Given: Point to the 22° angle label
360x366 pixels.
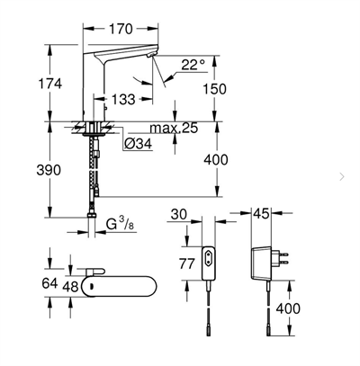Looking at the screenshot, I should (192, 66).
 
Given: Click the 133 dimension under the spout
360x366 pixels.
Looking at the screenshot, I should (124, 97).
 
